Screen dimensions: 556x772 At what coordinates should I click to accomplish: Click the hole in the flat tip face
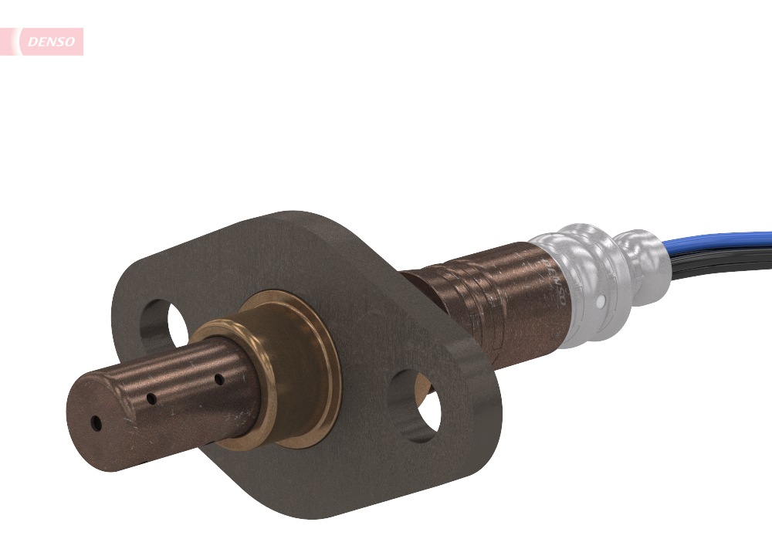tap(96, 423)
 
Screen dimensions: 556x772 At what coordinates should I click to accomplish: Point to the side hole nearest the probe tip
tap(152, 399)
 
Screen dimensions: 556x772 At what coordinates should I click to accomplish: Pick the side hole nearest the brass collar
tap(219, 379)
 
